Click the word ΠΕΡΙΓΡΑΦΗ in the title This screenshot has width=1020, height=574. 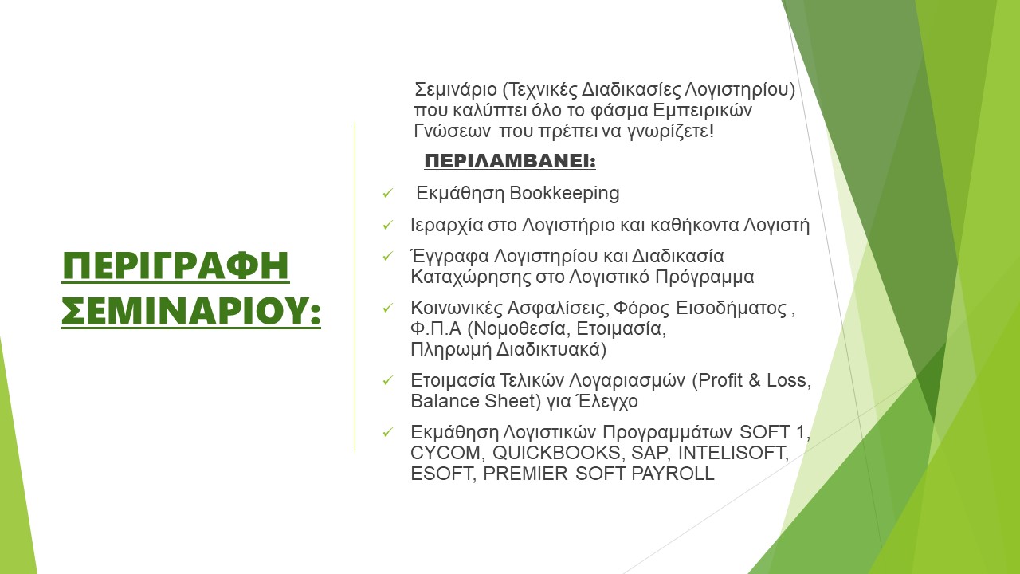pyautogui.click(x=176, y=266)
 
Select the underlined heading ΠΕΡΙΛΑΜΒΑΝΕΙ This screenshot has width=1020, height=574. pyautogui.click(x=510, y=161)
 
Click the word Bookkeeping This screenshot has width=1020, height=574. pyautogui.click(x=565, y=193)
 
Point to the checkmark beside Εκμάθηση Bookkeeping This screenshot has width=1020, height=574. pyautogui.click(x=387, y=194)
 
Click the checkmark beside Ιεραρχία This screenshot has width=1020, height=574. pyautogui.click(x=387, y=225)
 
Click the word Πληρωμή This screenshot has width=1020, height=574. pyautogui.click(x=451, y=350)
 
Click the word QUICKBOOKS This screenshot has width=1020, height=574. pyautogui.click(x=556, y=454)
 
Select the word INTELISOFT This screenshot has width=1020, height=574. pyautogui.click(x=733, y=454)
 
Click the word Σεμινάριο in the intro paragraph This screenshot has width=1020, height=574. pyautogui.click(x=455, y=90)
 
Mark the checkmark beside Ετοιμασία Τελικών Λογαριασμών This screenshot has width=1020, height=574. pyautogui.click(x=387, y=380)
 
